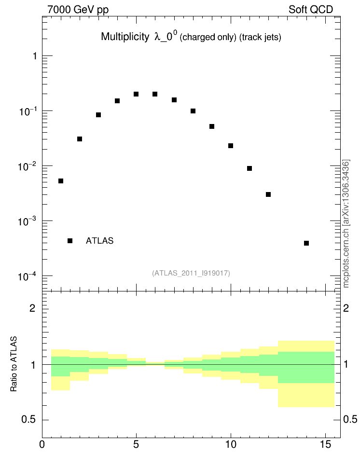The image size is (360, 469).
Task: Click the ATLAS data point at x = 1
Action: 61,181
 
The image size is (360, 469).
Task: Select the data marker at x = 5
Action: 136,94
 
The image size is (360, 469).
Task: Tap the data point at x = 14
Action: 306,243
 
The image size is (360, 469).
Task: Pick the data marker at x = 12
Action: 268,194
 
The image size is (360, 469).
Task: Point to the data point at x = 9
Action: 212,126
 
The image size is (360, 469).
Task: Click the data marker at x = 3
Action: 98,115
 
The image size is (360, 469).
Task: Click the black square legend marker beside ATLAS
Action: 70,241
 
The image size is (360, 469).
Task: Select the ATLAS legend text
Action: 99,241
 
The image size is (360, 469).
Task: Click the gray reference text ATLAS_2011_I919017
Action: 191,273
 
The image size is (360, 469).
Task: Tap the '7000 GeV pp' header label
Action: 78,10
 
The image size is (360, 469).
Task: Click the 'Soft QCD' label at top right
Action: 311,10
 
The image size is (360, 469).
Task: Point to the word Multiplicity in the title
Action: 125,37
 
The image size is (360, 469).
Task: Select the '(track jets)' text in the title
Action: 260,37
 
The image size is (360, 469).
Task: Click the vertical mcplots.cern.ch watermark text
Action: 346,223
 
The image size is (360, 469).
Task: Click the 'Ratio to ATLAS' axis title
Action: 14,364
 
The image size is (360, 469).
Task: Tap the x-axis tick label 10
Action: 231,444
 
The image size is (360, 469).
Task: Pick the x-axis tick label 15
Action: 325,444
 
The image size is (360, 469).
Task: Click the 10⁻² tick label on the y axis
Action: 28,166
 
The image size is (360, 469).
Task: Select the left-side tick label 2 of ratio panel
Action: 32,308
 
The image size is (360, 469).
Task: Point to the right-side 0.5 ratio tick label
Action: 350,419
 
